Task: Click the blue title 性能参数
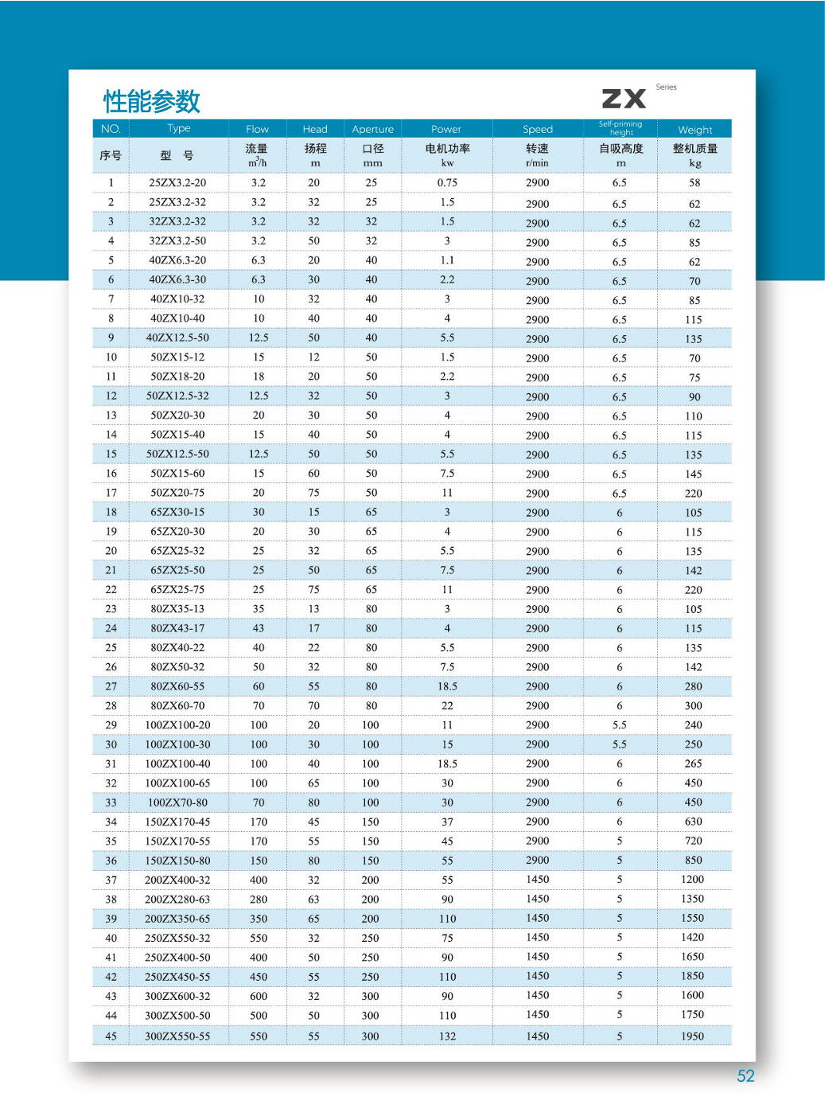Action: click(151, 101)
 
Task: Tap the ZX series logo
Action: click(625, 99)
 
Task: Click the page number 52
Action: click(745, 1076)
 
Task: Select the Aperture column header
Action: click(372, 129)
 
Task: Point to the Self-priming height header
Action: click(621, 128)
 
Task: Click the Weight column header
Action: click(695, 130)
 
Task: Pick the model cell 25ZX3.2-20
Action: click(177, 182)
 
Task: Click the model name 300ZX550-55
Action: click(177, 1036)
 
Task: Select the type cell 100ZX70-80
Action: click(177, 802)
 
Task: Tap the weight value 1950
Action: click(692, 1036)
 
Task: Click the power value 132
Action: click(447, 1036)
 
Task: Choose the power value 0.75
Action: click(447, 182)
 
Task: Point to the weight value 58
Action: click(695, 182)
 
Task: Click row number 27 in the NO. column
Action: click(111, 686)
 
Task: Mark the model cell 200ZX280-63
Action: click(177, 899)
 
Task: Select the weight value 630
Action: click(694, 822)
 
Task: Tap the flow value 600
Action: click(259, 996)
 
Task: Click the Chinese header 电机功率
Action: click(447, 149)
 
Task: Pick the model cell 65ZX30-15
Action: click(177, 512)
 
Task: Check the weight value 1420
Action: click(692, 938)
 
